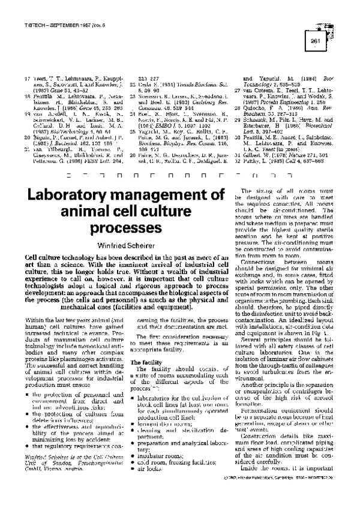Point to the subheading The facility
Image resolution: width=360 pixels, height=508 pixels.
point(143,362)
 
